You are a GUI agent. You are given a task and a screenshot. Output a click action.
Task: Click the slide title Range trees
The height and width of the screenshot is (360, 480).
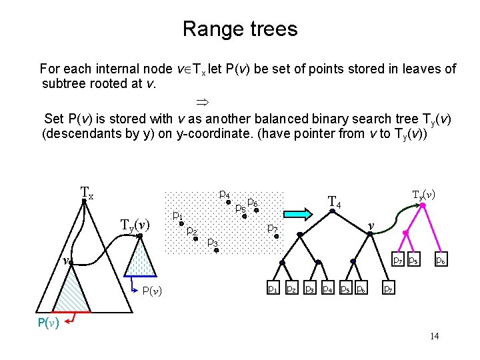tap(240, 29)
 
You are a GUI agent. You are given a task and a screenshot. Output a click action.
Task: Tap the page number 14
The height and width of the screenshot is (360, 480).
tap(434, 336)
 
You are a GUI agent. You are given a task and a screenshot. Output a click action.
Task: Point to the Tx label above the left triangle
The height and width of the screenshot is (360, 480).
tap(87, 193)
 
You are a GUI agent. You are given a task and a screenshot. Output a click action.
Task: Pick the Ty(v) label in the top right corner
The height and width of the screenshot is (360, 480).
tap(424, 195)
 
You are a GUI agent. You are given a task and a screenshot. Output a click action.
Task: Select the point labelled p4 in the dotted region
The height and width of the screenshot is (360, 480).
tap(229, 201)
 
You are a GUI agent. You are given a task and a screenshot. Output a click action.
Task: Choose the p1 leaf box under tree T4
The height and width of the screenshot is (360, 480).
tap(273, 288)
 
